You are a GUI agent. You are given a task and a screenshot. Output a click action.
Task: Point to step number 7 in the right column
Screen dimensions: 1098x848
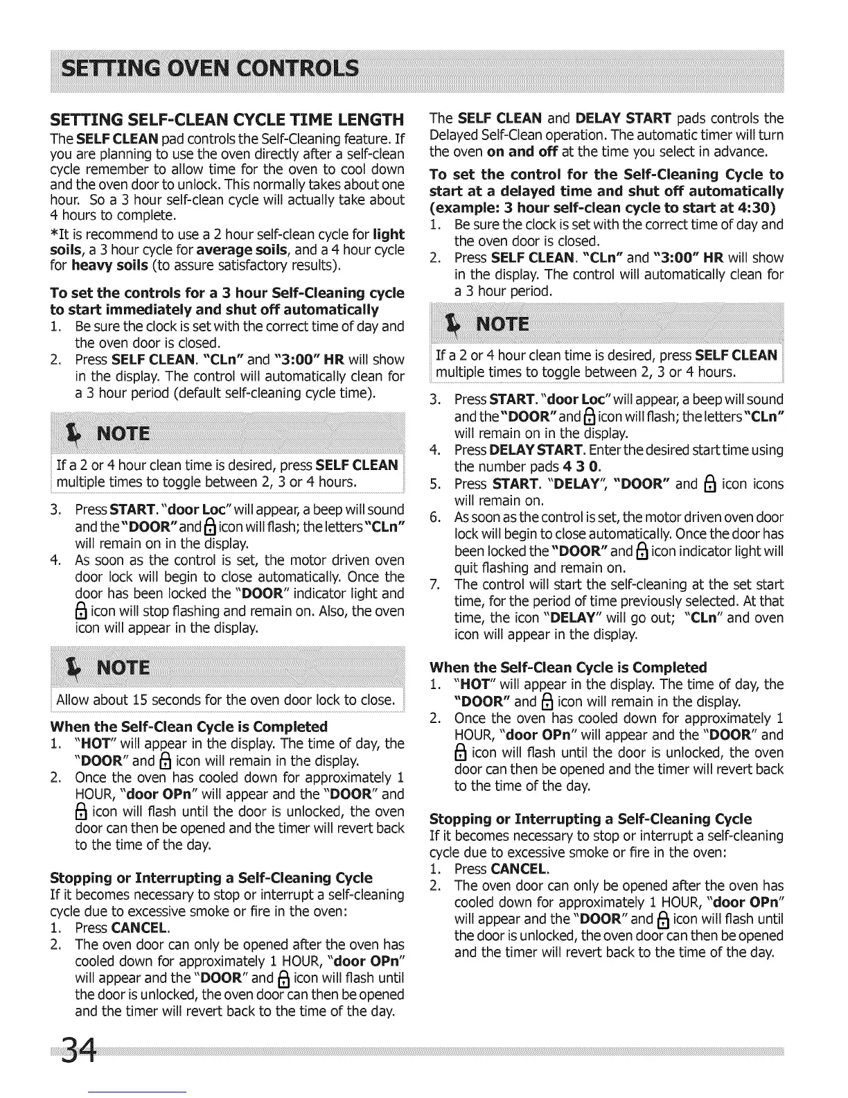(434, 584)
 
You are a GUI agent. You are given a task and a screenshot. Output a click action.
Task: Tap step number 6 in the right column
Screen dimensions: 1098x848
(434, 517)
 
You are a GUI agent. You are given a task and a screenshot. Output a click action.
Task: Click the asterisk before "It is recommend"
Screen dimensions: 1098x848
(54, 234)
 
